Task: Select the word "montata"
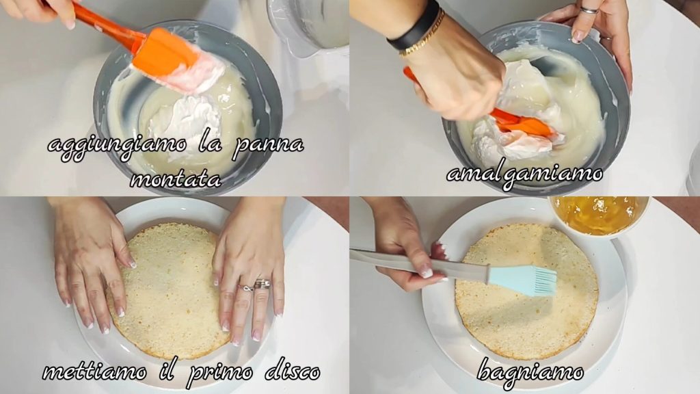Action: click(176, 179)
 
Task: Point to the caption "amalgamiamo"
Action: click(524, 174)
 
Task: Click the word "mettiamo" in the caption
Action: click(94, 371)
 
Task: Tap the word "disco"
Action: click(293, 371)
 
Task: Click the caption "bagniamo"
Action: click(530, 371)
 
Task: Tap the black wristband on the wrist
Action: click(414, 26)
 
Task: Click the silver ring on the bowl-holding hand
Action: click(589, 10)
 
